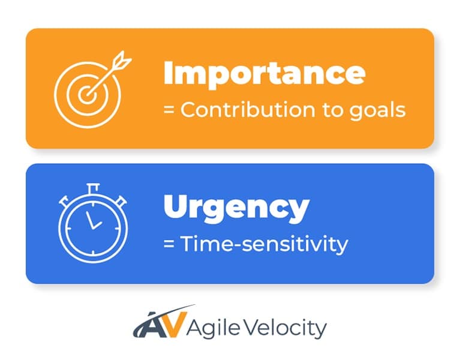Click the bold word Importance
pos(264,73)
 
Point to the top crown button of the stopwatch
pos(93,187)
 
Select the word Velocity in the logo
pos(277,328)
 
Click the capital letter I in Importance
pos(169,73)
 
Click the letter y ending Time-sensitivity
pos(342,246)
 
